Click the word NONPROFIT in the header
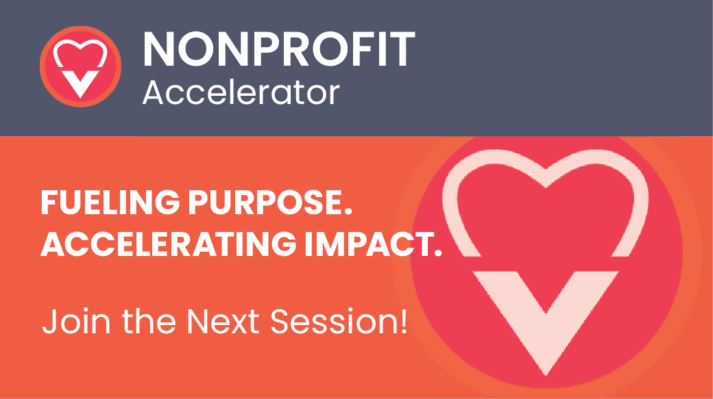(279, 49)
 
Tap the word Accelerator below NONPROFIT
(241, 92)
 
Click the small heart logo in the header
(80, 66)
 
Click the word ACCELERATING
(169, 244)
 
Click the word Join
(77, 322)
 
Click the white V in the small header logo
(80, 81)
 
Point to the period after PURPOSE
(348, 211)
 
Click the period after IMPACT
(437, 253)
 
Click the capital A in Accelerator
(154, 92)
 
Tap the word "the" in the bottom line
(149, 322)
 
